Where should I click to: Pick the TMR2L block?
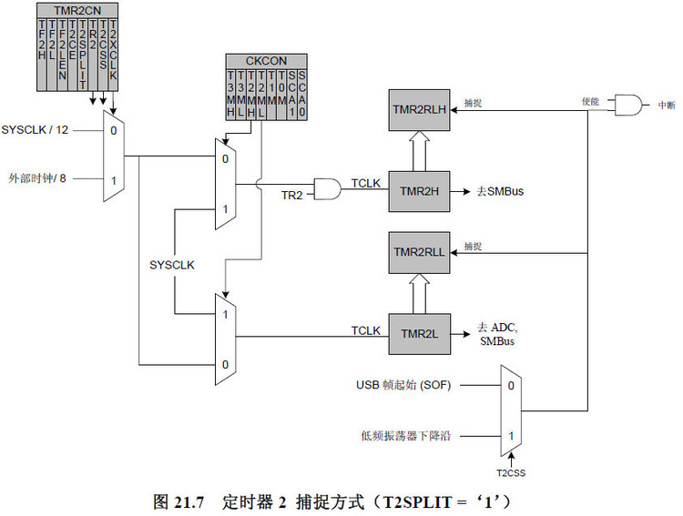(x=420, y=334)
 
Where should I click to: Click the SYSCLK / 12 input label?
(x=36, y=130)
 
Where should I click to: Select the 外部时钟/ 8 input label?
(x=38, y=177)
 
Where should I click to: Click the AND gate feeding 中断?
(x=627, y=105)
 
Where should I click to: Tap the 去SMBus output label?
(x=498, y=191)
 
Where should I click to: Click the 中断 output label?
(x=666, y=106)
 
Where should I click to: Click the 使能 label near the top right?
(x=590, y=101)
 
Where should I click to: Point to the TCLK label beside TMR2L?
(x=366, y=329)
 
